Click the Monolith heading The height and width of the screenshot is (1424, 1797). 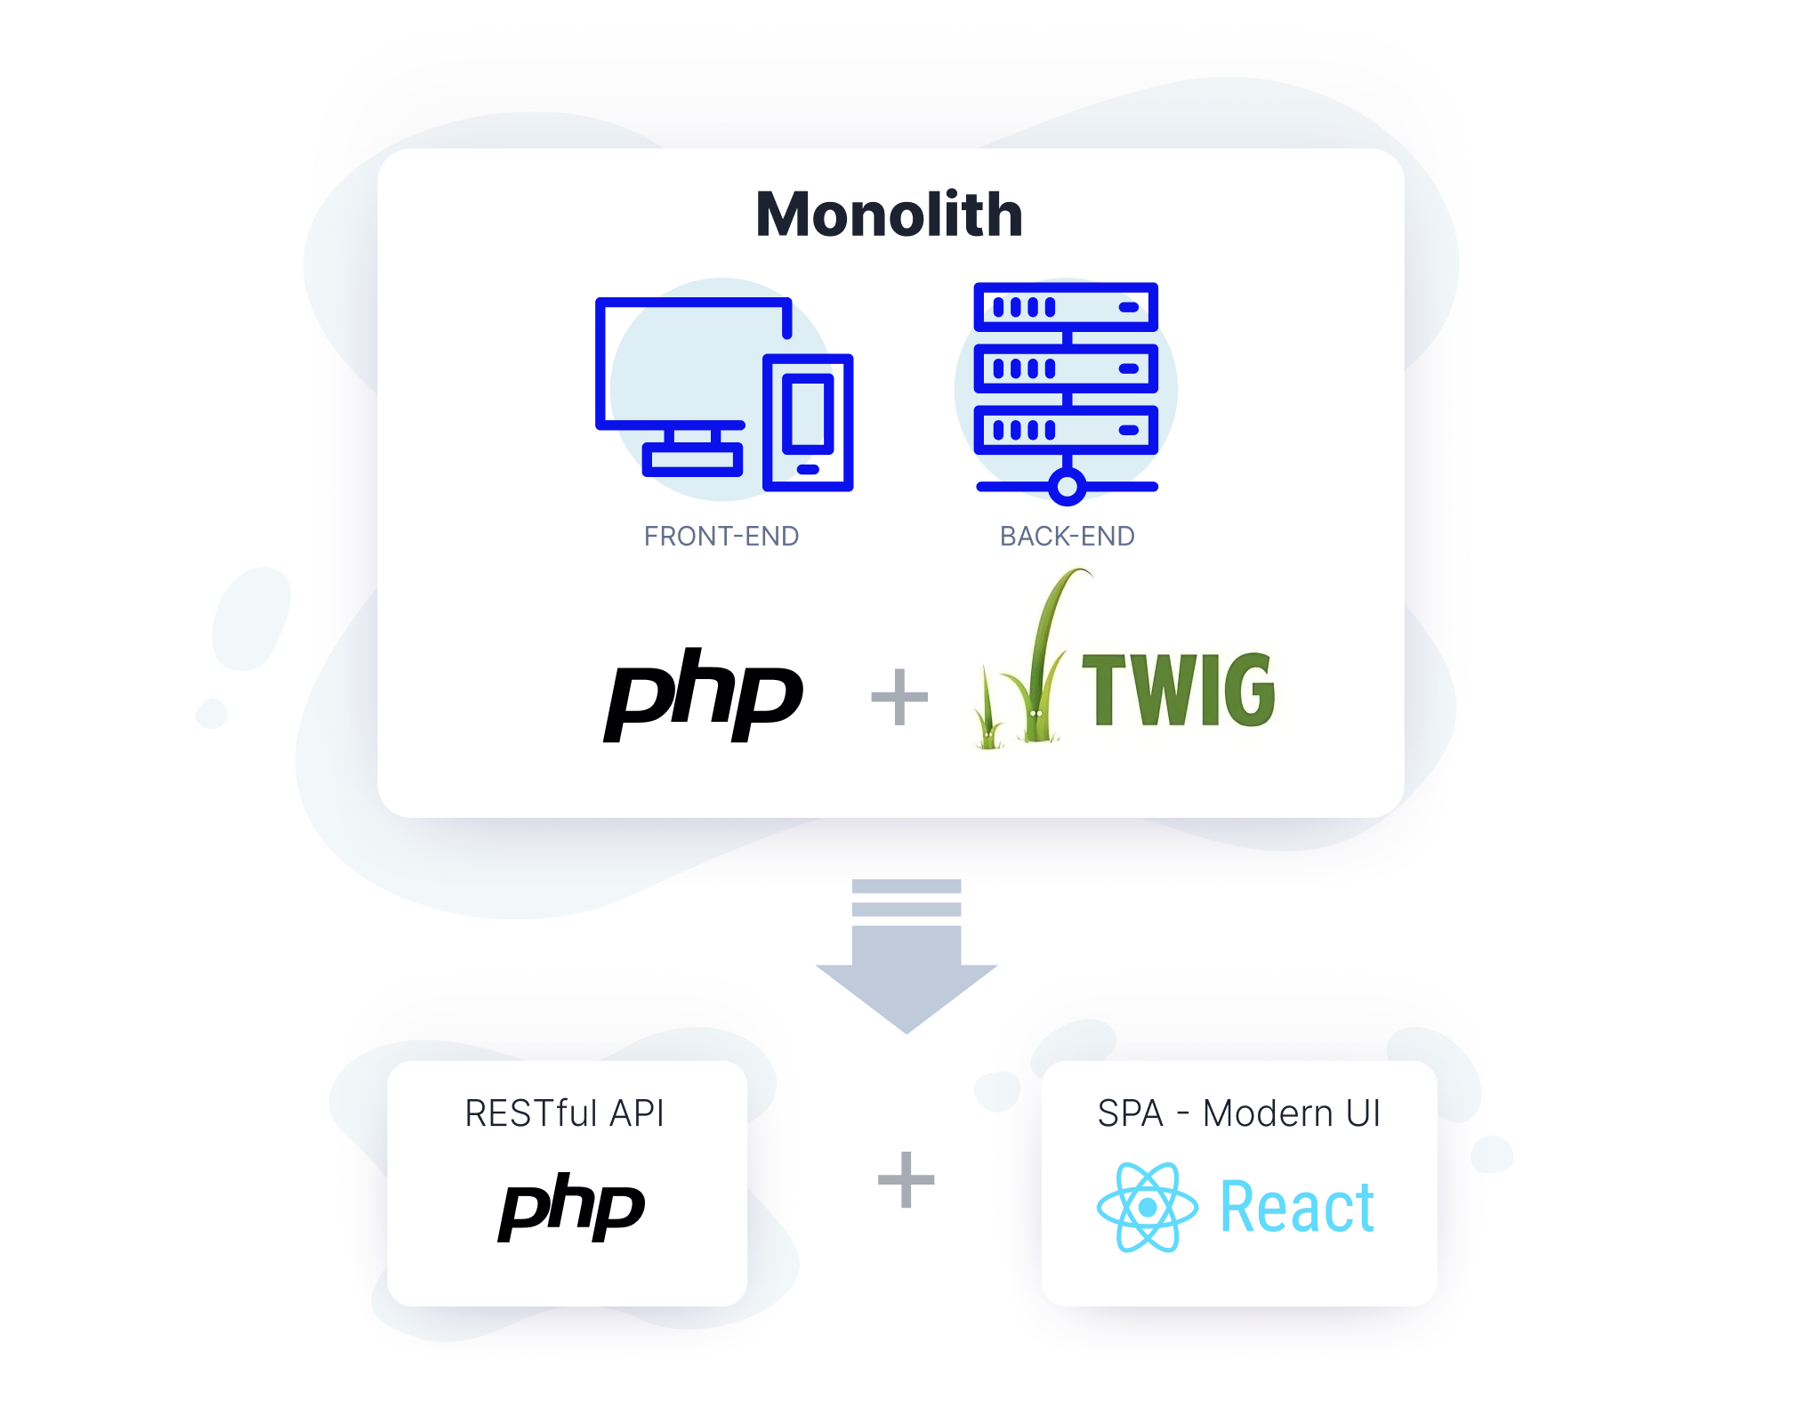889,214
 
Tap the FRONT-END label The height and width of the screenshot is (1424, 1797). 721,536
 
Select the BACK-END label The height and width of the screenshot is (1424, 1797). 1067,536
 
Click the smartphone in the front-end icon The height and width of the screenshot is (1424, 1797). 808,422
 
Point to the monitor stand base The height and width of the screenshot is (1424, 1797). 692,459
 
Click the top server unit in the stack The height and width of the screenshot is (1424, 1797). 1066,307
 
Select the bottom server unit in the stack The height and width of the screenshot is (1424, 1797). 1066,430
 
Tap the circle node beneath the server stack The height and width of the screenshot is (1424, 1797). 1067,486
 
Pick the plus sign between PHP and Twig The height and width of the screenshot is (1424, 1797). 898,697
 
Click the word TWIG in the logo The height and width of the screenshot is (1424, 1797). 1178,690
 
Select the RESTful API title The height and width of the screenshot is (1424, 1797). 564,1113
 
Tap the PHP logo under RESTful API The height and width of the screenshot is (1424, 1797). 571,1208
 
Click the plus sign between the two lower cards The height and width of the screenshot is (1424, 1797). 906,1180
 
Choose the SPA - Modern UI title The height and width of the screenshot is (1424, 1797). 1238,1113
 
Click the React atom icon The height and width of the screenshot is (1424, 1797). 1147,1207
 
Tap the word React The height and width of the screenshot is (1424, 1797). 1297,1208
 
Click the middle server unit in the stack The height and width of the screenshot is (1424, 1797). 1066,368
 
